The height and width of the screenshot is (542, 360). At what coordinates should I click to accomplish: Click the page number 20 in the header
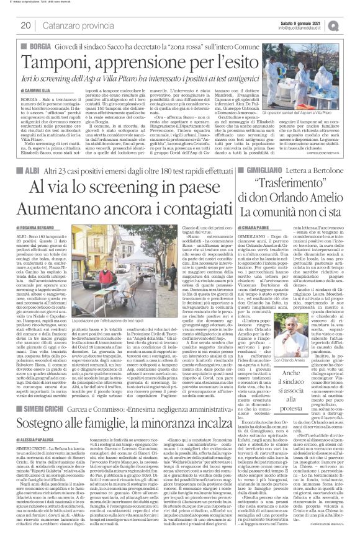(x=27, y=25)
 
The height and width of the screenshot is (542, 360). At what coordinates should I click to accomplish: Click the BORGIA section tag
(x=37, y=47)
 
